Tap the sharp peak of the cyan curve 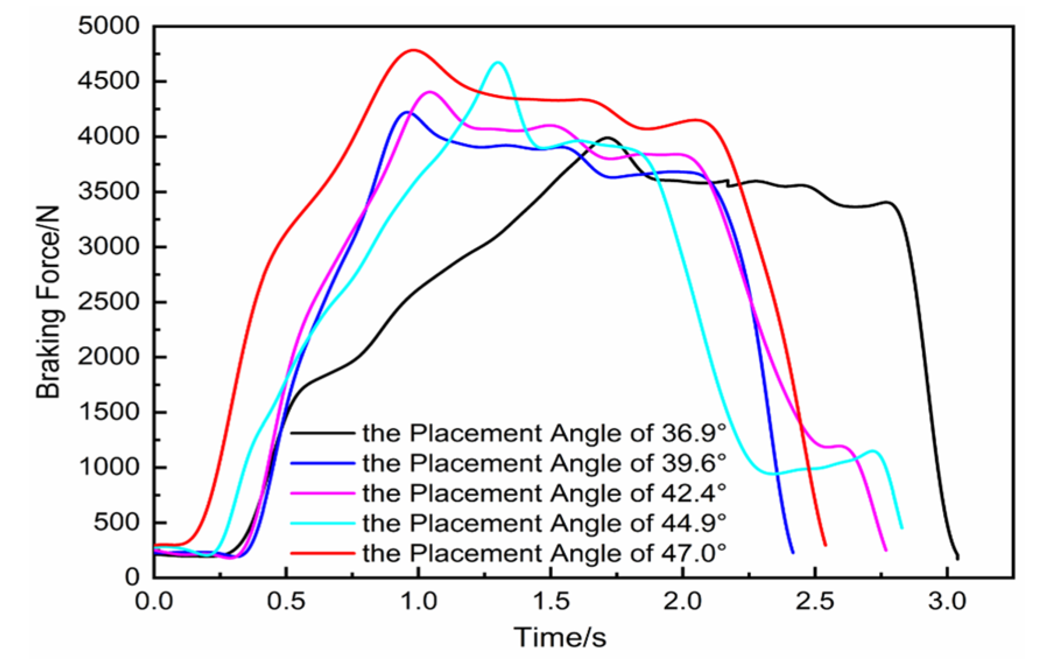point(498,62)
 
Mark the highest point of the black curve point(608,138)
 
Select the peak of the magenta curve point(430,92)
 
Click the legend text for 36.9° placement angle point(544,433)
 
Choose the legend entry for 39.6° point(544,463)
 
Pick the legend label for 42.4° point(544,493)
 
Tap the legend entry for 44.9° point(544,523)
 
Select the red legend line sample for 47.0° point(322,553)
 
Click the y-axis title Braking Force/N point(49,302)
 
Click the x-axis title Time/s point(559,637)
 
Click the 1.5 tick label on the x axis point(551,601)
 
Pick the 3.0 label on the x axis point(947,601)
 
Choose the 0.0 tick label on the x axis point(154,601)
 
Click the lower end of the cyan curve point(901,527)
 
